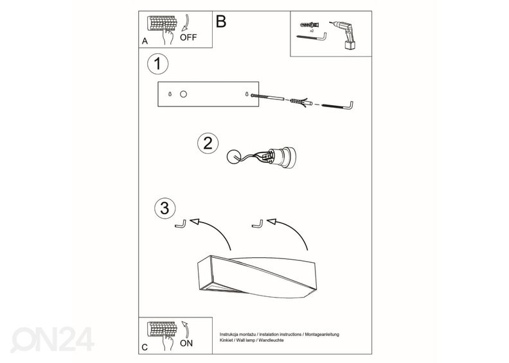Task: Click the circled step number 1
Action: click(x=157, y=63)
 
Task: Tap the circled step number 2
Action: click(x=208, y=143)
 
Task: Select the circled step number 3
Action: click(x=165, y=208)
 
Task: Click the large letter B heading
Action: click(x=220, y=21)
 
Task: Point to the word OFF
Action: click(x=188, y=38)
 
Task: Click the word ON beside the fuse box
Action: click(x=186, y=343)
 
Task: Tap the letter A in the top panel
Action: click(x=145, y=41)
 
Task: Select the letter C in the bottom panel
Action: click(x=145, y=347)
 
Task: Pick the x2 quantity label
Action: click(x=312, y=31)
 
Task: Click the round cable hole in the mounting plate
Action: click(x=183, y=94)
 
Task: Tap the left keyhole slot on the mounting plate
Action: click(x=170, y=94)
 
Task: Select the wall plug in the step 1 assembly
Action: click(x=300, y=102)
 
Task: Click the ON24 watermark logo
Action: click(x=53, y=339)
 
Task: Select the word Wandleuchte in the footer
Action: click(x=271, y=341)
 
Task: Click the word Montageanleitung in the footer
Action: click(x=322, y=334)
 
